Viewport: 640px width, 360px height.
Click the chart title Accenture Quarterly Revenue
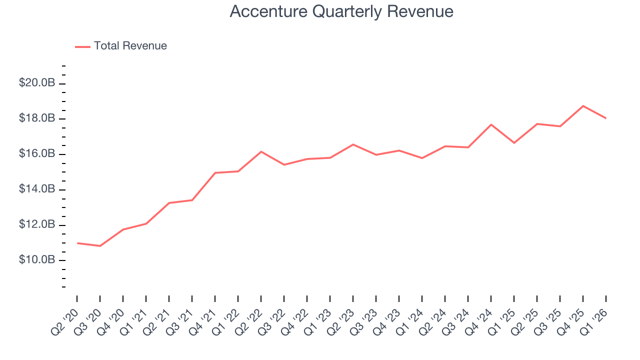coord(341,11)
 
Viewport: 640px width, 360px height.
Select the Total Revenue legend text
coord(130,46)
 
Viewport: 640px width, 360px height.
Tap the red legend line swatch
coord(82,46)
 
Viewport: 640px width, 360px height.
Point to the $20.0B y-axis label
coord(37,83)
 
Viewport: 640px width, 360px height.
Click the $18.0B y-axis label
coord(37,118)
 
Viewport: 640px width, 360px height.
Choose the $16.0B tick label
coord(37,154)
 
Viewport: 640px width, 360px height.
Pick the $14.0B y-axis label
coord(37,189)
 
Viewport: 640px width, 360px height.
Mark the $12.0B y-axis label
coord(37,225)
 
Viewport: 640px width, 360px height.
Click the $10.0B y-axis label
coord(37,260)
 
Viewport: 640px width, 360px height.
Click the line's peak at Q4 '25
coord(583,106)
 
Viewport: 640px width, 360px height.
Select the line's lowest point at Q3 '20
coord(100,246)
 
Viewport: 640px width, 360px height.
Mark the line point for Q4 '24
coord(491,124)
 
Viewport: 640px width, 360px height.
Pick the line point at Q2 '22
coord(261,151)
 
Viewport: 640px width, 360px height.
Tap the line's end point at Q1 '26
coord(606,118)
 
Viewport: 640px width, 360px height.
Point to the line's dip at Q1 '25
coord(514,143)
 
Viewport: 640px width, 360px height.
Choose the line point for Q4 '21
coord(215,172)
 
